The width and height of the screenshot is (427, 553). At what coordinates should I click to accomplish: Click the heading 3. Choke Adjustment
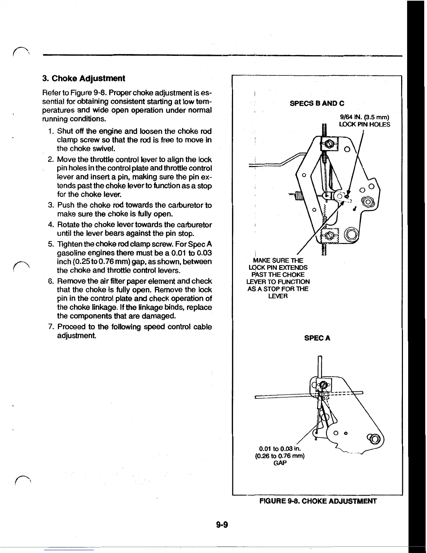[x=83, y=78]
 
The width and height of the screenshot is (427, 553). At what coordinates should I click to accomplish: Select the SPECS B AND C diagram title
[x=317, y=103]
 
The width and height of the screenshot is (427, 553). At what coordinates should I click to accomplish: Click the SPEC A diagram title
[x=317, y=338]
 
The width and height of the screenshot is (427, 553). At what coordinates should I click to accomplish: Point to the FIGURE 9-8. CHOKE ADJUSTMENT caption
[x=318, y=501]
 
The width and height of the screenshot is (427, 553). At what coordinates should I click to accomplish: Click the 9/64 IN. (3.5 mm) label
[x=364, y=117]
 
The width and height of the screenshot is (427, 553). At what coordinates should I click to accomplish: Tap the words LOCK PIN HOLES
[x=364, y=125]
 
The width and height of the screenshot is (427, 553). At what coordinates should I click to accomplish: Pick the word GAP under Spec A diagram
[x=280, y=463]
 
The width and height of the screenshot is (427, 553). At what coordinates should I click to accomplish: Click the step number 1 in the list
[x=51, y=131]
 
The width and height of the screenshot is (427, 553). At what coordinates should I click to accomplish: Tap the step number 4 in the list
[x=51, y=225]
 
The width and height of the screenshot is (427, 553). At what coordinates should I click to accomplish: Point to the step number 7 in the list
[x=51, y=327]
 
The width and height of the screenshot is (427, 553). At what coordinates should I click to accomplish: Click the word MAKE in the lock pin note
[x=262, y=260]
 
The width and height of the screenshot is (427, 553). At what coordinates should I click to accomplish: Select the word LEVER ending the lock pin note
[x=278, y=296]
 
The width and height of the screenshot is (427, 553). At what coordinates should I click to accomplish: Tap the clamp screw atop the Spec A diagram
[x=323, y=385]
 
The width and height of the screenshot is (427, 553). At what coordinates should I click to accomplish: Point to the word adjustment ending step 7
[x=76, y=336]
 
